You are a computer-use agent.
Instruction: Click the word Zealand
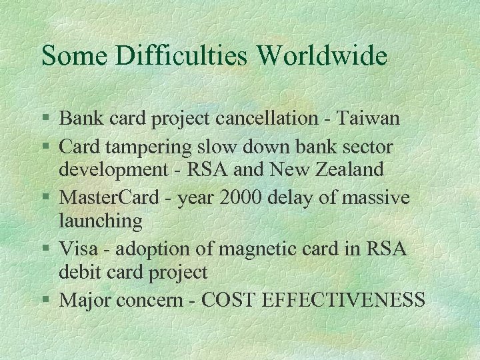coord(351,169)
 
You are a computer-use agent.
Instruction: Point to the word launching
coord(101,221)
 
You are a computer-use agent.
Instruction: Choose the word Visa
coord(79,248)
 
